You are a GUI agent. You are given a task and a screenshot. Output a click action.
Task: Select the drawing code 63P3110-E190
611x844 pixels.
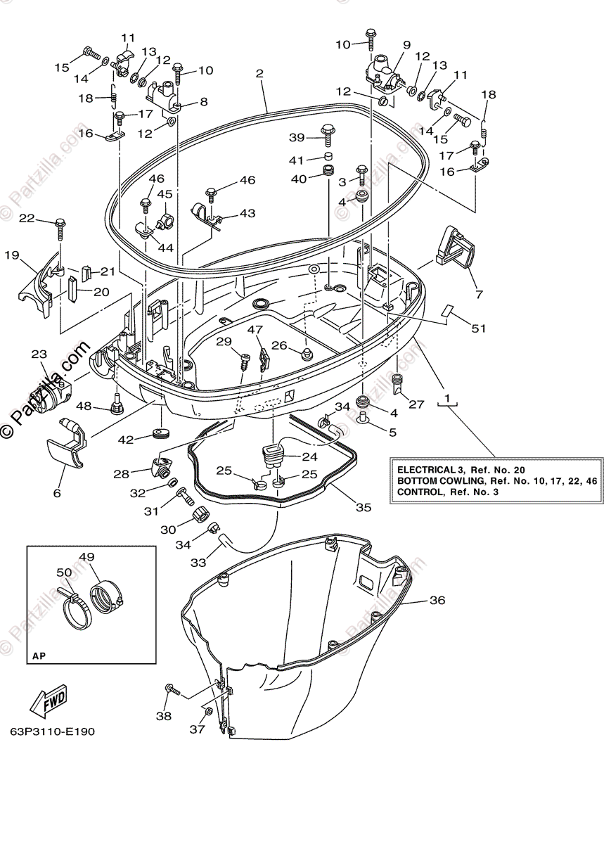click(x=53, y=731)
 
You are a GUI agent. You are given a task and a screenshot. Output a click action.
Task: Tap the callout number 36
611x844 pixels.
click(x=437, y=600)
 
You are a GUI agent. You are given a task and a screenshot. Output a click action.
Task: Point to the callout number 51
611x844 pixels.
click(x=477, y=328)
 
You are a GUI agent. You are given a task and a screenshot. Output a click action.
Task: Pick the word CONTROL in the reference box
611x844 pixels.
click(x=420, y=492)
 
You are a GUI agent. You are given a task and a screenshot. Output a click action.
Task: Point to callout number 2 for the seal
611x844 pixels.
click(x=259, y=73)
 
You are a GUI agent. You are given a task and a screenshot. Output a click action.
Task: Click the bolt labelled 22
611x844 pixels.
click(x=60, y=225)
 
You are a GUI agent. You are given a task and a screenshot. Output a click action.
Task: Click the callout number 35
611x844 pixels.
click(x=363, y=506)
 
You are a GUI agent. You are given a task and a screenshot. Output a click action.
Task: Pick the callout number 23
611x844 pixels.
click(x=38, y=354)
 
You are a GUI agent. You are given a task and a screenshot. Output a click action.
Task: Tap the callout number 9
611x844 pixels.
click(x=406, y=45)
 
